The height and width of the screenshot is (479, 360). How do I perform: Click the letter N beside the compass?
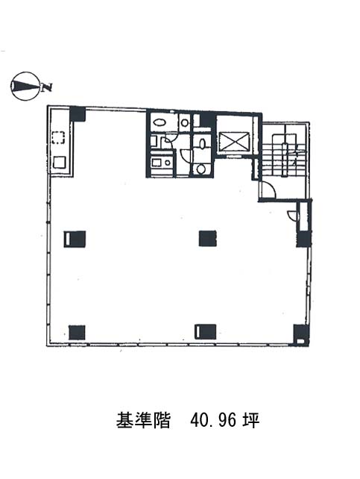47,87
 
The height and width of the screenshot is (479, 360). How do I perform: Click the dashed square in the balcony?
58,137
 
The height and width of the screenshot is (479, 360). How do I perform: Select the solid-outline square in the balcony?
59,162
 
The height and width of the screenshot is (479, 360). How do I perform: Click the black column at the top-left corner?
78,114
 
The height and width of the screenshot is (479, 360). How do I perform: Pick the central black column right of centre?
207,239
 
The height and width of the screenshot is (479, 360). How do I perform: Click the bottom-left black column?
77,332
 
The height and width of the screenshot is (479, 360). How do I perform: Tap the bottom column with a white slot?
205,332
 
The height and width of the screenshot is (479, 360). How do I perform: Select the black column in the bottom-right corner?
301,334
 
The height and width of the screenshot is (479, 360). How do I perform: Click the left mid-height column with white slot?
75,239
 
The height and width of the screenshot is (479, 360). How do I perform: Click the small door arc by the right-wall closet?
292,215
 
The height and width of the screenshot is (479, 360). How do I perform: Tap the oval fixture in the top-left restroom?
160,122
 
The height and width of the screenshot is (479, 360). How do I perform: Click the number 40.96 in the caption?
213,421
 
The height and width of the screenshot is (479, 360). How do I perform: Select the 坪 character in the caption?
250,420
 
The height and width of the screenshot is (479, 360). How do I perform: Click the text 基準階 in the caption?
143,421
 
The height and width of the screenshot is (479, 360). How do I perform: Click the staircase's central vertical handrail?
285,159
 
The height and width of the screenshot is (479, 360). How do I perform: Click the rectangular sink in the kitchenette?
157,163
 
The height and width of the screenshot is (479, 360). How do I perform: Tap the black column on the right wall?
303,239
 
